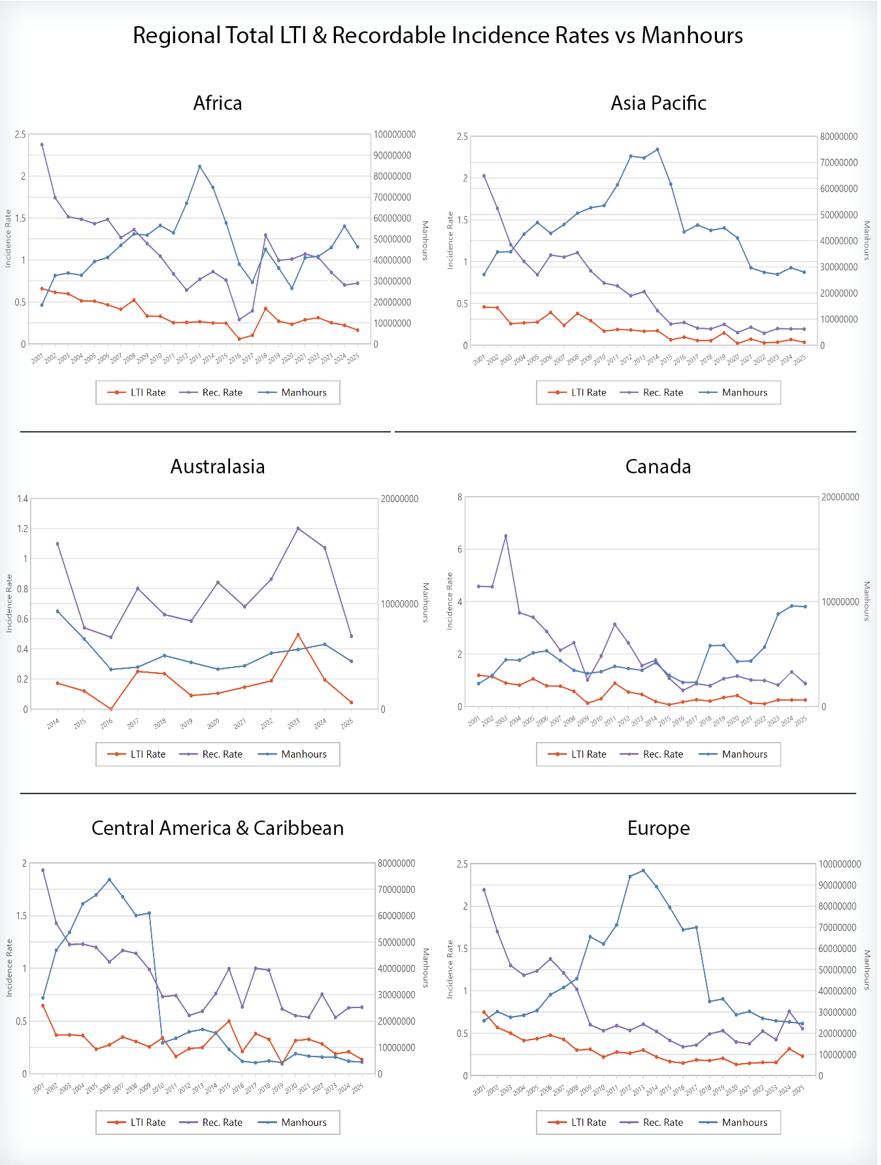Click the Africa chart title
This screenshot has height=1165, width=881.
click(x=218, y=103)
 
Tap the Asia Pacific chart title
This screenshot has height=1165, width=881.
click(x=658, y=103)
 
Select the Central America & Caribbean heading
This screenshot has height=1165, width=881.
click(x=218, y=828)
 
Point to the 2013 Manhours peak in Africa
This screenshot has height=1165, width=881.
click(x=199, y=167)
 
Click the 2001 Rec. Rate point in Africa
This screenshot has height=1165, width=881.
click(x=42, y=144)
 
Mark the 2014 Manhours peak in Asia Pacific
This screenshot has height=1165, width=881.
click(x=657, y=150)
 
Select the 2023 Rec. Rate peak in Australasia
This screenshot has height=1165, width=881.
click(x=298, y=528)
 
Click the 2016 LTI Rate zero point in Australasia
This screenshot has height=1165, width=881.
click(x=111, y=709)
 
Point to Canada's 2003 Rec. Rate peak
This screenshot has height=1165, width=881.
click(x=506, y=536)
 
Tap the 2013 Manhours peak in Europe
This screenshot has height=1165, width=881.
click(x=643, y=871)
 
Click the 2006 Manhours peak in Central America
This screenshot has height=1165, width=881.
click(x=109, y=879)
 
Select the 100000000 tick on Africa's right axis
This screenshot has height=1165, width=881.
click(x=395, y=135)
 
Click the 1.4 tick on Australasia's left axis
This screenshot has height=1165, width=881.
click(x=22, y=499)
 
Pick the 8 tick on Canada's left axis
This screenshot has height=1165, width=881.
click(x=460, y=497)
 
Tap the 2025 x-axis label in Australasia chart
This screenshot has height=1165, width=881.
click(x=347, y=723)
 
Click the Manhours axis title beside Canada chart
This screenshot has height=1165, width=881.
click(x=867, y=601)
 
